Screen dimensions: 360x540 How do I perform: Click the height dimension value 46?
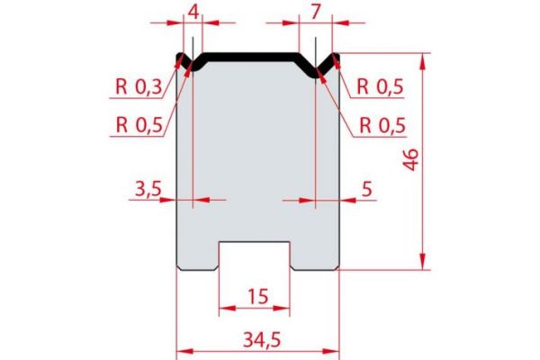411,162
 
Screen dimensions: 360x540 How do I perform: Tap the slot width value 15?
256,295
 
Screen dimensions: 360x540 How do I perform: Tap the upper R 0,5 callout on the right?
382,87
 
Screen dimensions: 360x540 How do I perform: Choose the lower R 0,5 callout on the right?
382,123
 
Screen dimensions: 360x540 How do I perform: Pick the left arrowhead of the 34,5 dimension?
179,348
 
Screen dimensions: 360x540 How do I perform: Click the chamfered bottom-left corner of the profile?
178,266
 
